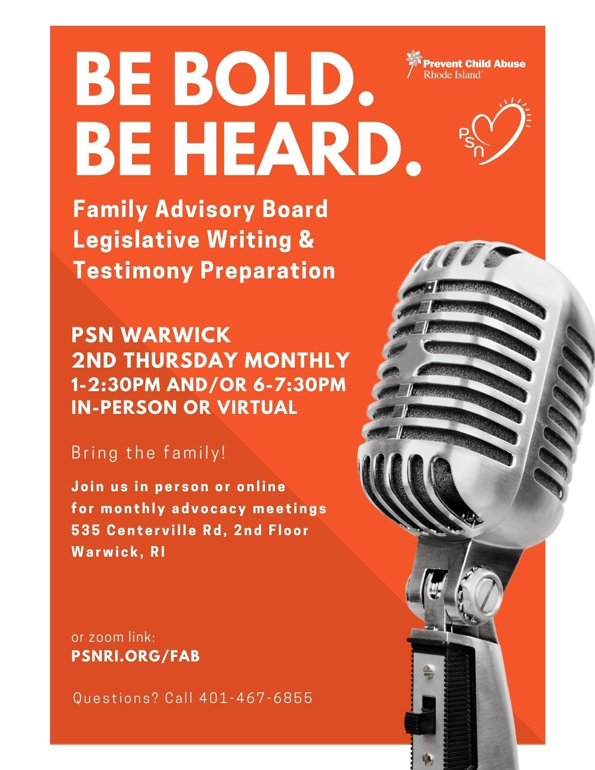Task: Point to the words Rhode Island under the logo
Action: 452,74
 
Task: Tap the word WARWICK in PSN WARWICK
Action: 176,335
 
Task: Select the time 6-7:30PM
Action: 299,385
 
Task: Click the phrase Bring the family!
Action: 149,453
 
